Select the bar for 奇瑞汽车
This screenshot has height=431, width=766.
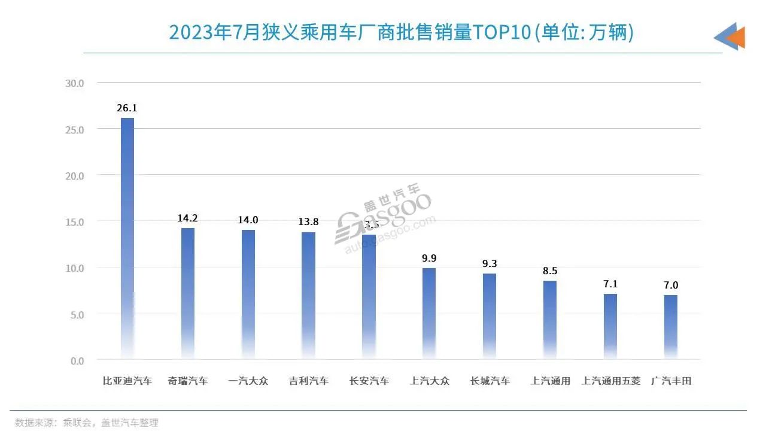[x=188, y=293]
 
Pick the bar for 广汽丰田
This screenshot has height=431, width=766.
[x=671, y=327]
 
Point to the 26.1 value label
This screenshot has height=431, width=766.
[x=127, y=108]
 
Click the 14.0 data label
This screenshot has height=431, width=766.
[x=248, y=220]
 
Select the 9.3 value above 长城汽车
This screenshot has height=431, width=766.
[x=490, y=263]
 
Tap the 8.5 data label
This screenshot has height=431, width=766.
[x=550, y=271]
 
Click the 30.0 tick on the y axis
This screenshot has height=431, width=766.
[x=74, y=83]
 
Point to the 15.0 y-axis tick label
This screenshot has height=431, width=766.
[x=74, y=221]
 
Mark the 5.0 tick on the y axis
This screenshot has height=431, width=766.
[x=77, y=314]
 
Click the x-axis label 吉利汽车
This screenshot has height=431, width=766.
[x=309, y=381]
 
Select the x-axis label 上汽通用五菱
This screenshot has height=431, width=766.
[x=610, y=381]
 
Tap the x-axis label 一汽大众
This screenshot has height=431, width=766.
[x=248, y=381]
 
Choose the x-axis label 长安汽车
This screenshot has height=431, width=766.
[x=369, y=381]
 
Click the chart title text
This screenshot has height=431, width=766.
[x=401, y=32]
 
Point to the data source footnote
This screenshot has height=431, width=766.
[x=87, y=423]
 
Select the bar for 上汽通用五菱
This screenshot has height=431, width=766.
[x=610, y=326]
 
